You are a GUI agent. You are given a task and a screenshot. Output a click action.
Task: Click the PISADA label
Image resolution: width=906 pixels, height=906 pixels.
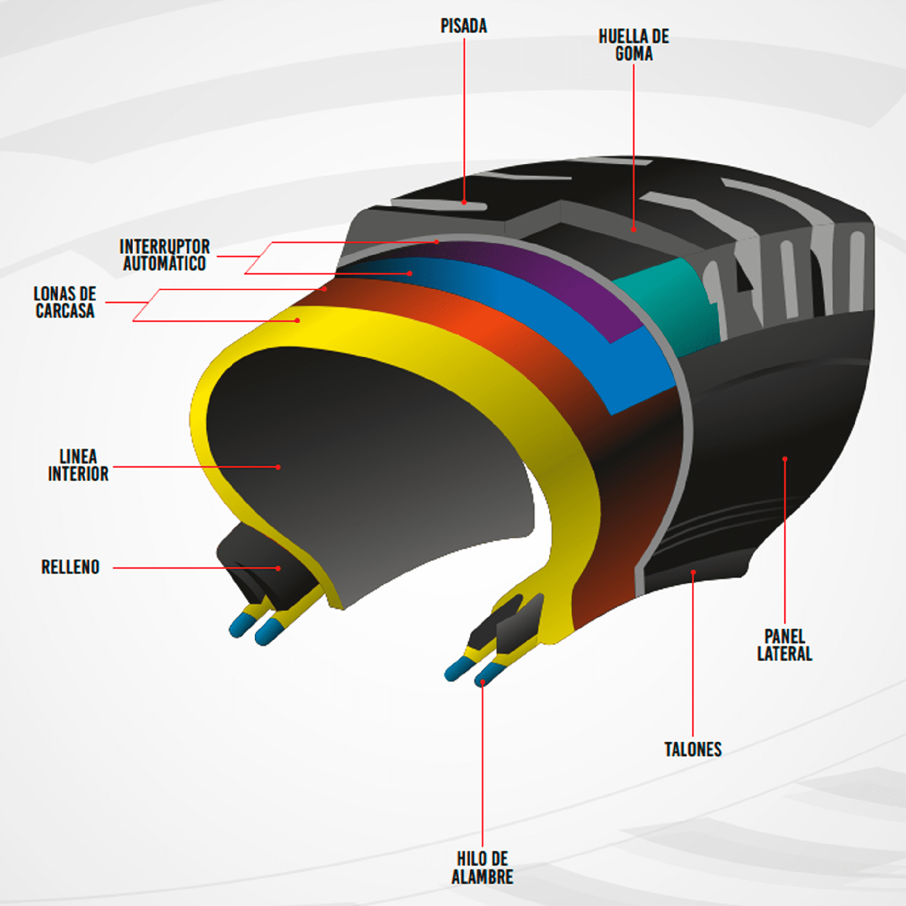(x=463, y=26)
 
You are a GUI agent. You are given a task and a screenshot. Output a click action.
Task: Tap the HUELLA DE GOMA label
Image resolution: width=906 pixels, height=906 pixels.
(x=634, y=45)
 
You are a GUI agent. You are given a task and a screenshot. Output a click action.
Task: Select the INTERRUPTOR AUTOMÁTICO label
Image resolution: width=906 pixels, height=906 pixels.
(x=164, y=255)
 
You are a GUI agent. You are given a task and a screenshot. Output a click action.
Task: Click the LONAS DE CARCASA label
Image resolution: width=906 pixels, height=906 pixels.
(x=65, y=302)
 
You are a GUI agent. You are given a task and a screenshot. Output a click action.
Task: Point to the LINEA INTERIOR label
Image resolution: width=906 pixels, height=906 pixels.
(x=78, y=465)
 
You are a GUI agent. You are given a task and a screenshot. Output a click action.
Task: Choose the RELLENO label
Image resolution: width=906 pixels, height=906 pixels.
(x=70, y=567)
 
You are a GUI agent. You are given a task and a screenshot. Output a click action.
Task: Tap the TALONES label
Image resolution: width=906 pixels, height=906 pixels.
(x=693, y=749)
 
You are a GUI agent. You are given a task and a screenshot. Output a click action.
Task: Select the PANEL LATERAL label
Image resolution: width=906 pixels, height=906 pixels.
(x=784, y=645)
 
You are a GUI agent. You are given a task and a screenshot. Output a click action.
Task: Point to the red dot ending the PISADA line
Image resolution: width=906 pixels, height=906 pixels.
(x=464, y=202)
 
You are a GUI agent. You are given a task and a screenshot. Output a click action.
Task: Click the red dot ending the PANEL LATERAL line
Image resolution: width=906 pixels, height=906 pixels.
(x=785, y=459)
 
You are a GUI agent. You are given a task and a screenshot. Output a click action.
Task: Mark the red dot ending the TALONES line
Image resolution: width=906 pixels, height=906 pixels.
(x=693, y=572)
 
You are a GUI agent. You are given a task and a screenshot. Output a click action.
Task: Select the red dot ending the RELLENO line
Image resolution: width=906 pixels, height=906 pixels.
(x=278, y=569)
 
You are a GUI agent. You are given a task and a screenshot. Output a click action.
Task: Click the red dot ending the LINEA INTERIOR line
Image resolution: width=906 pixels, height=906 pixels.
(x=278, y=467)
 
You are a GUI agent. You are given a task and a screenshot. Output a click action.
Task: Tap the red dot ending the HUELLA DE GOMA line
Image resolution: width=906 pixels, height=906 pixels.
(x=634, y=230)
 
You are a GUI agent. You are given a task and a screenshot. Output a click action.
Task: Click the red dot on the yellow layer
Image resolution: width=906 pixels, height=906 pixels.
(x=298, y=321)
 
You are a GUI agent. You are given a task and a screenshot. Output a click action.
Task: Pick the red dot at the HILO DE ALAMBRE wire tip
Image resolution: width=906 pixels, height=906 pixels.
(x=483, y=682)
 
